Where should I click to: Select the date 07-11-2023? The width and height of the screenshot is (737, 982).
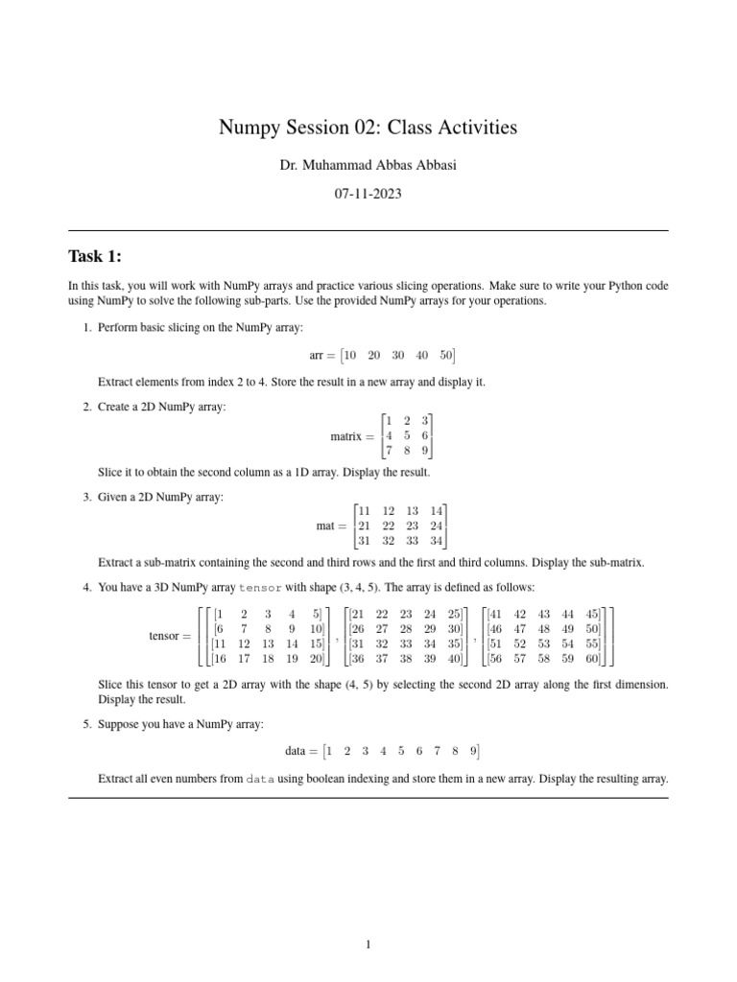[x=368, y=193]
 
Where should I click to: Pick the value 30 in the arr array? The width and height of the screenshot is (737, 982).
[x=397, y=355]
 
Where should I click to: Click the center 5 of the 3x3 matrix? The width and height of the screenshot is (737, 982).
[x=407, y=435]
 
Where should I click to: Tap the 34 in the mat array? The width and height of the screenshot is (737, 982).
[x=438, y=542]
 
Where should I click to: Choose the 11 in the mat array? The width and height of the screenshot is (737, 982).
[x=363, y=510]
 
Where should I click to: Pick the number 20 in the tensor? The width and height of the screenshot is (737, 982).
[x=316, y=659]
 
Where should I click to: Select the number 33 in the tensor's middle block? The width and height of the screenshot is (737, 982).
[x=404, y=643]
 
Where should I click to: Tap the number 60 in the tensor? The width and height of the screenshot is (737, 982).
[x=592, y=659]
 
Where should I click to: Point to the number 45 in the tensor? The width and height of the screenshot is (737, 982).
[x=592, y=613]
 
